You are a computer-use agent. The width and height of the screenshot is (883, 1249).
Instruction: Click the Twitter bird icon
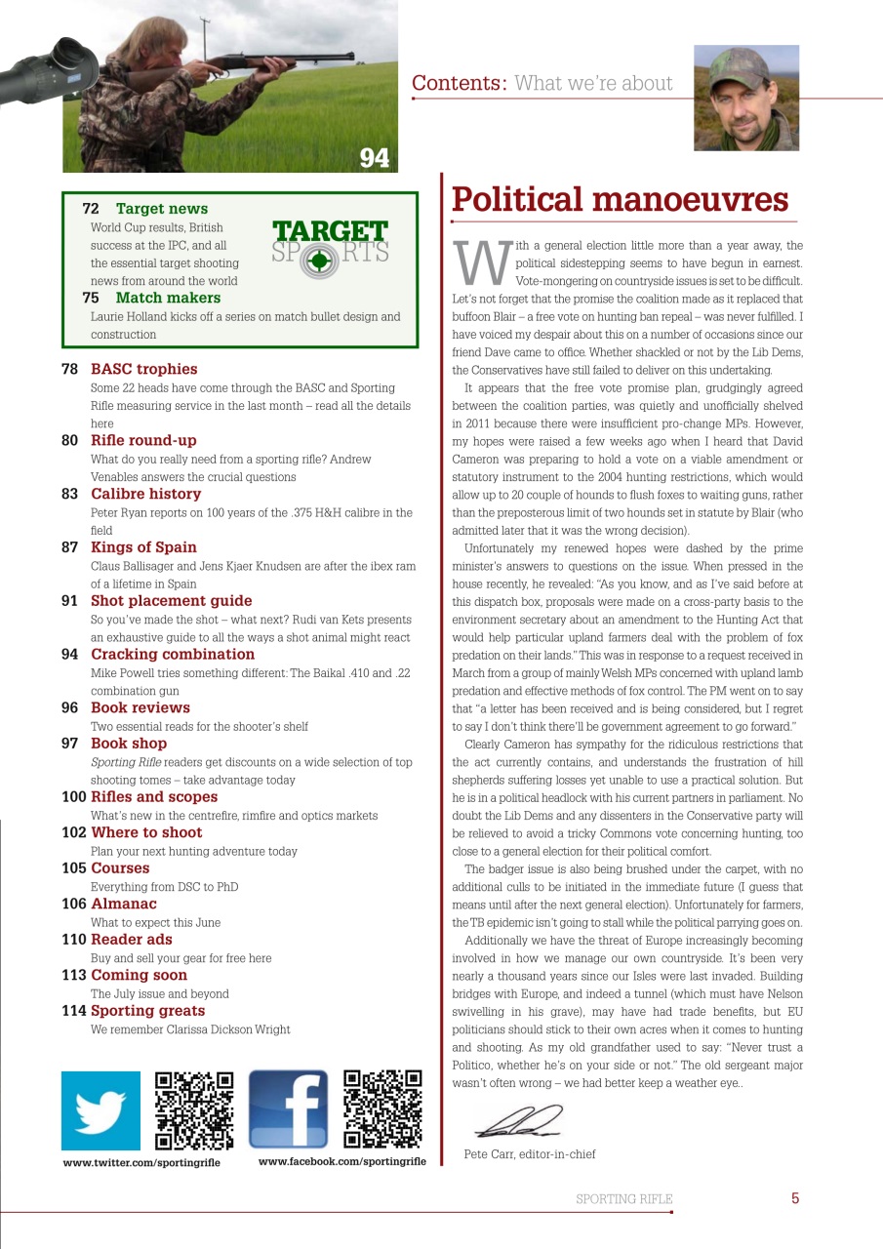[x=100, y=1110]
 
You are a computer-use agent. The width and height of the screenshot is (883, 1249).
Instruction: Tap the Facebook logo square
[x=288, y=1109]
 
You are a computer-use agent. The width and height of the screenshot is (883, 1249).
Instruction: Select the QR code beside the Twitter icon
[x=195, y=1110]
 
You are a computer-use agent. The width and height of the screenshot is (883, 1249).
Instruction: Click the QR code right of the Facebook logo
[x=383, y=1109]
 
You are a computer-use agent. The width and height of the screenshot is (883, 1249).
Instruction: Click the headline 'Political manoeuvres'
[x=619, y=199]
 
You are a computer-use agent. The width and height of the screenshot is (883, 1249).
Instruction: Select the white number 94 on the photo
[x=374, y=157]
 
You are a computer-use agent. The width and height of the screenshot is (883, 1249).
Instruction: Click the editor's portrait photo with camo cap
[x=745, y=98]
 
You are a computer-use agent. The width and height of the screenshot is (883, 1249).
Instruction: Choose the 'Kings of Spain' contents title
[x=143, y=547]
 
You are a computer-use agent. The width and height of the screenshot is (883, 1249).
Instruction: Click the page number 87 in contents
[x=70, y=547]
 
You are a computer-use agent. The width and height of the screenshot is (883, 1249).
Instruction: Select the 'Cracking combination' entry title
[x=173, y=655]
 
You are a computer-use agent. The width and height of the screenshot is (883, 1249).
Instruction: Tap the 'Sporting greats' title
[x=147, y=1011]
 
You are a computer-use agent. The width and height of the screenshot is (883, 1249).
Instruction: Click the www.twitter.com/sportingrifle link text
[x=141, y=1163]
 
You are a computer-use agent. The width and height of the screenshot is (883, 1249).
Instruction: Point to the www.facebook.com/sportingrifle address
[x=341, y=1162]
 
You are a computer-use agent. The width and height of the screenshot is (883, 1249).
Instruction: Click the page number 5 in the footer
[x=795, y=1198]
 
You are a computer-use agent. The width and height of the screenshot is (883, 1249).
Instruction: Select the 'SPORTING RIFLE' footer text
[x=623, y=1199]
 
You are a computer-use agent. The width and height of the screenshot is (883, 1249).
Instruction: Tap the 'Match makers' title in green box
[x=168, y=298]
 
